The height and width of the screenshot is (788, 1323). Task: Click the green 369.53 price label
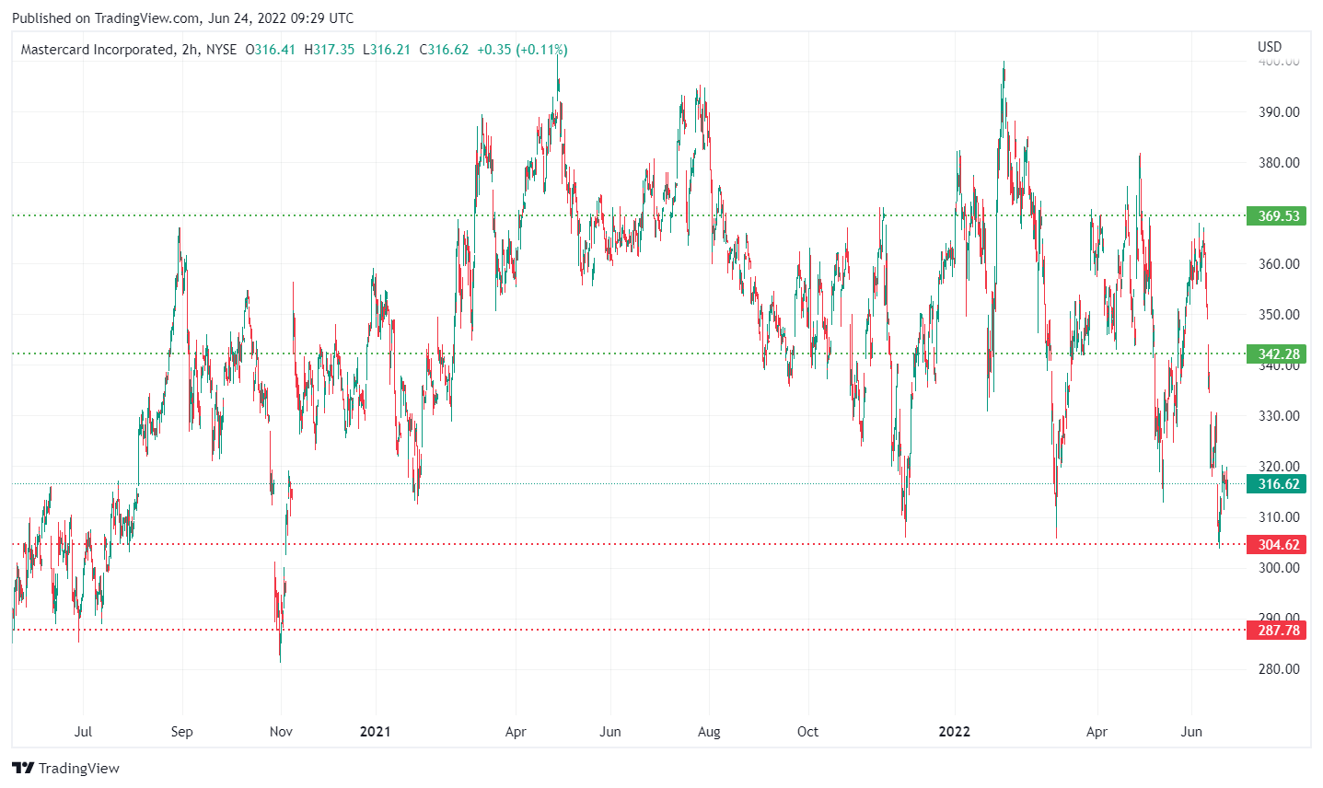tap(1279, 216)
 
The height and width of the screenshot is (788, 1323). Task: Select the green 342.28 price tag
tap(1279, 354)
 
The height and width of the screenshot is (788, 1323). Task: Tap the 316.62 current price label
tap(1279, 484)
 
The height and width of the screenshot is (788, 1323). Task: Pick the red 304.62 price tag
tap(1279, 545)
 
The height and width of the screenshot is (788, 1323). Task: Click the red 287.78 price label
tap(1279, 631)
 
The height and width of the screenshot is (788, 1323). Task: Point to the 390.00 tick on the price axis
tap(1279, 112)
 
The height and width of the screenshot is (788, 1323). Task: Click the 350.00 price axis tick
tap(1279, 315)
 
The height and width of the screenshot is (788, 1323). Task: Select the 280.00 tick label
tap(1279, 669)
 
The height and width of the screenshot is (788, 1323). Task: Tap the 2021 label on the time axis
tap(375, 732)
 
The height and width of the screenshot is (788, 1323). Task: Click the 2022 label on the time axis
tap(954, 732)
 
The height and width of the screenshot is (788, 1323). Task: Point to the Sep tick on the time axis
tap(181, 732)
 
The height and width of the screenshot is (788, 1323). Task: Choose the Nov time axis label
tap(281, 732)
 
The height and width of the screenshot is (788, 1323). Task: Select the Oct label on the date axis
tap(807, 732)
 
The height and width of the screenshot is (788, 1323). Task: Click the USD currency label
tap(1270, 47)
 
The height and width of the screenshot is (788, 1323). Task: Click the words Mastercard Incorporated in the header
tap(97, 50)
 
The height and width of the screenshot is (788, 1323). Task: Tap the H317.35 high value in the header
tap(329, 50)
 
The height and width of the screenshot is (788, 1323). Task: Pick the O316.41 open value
tap(271, 50)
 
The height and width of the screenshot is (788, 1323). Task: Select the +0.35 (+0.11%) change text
tap(521, 50)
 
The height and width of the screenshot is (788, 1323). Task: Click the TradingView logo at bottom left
tap(66, 769)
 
